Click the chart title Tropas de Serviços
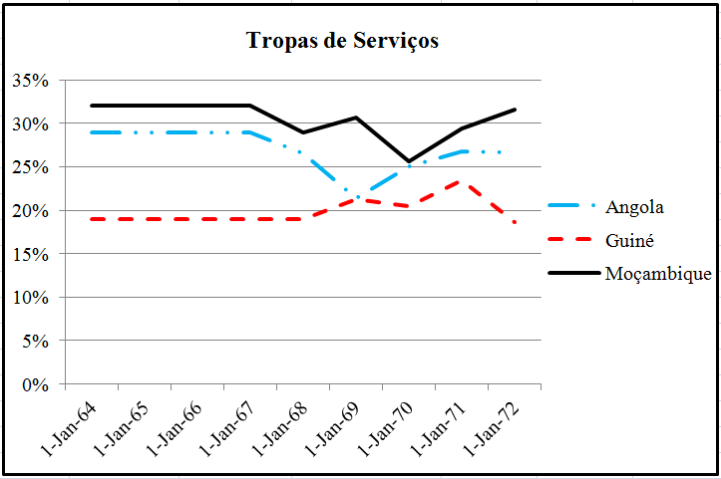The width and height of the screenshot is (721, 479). click(342, 42)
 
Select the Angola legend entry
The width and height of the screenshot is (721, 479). click(634, 207)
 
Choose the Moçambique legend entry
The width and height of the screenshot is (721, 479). click(657, 274)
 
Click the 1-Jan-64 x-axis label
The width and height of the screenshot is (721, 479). click(67, 426)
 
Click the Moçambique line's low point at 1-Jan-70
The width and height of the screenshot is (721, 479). click(409, 161)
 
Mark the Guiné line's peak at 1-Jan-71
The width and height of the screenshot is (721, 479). click(461, 181)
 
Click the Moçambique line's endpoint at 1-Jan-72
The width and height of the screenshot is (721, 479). click(515, 110)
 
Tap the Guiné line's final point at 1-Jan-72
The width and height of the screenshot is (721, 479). click(515, 222)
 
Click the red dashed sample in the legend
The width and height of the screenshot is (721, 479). click(573, 240)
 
